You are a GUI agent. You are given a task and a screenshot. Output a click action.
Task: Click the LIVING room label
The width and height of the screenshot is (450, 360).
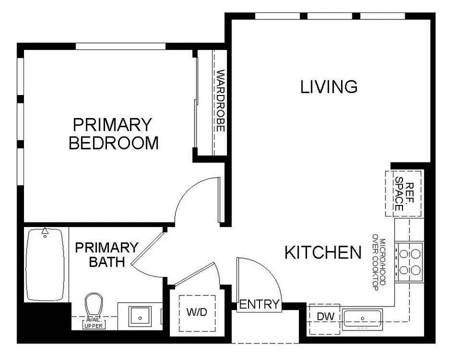click(x=328, y=86)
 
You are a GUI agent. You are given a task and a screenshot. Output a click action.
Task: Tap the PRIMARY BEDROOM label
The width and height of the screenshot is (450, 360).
click(x=113, y=133)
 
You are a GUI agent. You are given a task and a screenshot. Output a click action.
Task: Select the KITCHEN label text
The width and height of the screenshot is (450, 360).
click(x=322, y=252)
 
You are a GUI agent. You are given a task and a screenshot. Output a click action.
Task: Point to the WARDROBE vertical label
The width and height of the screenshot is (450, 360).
click(x=219, y=100)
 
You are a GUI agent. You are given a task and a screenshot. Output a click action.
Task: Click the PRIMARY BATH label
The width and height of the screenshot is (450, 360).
click(x=106, y=254)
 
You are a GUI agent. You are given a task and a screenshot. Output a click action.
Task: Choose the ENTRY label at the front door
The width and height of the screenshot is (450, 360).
click(x=258, y=304)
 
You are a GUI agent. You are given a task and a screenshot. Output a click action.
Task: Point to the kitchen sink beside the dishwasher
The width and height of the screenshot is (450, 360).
click(x=362, y=318)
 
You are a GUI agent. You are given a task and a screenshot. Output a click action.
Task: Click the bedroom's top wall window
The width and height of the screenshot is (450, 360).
click(x=120, y=46)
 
